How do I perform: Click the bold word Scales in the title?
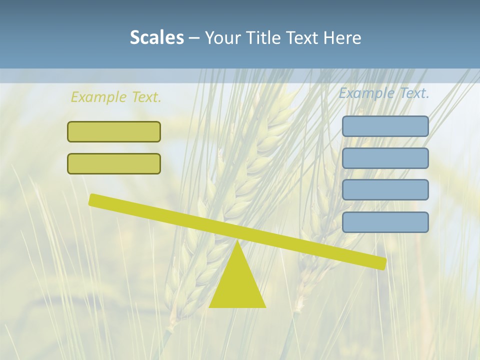157,37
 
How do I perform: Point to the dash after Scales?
194,38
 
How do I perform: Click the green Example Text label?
116,97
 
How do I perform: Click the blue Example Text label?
384,93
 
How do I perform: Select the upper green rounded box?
114,131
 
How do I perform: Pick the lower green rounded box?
114,163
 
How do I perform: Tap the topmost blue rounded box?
385,126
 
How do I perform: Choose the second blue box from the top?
385,158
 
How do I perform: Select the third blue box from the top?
385,190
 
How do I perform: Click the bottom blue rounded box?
385,222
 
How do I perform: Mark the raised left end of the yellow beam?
92,199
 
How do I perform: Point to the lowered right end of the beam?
383,263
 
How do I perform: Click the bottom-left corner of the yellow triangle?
210,306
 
